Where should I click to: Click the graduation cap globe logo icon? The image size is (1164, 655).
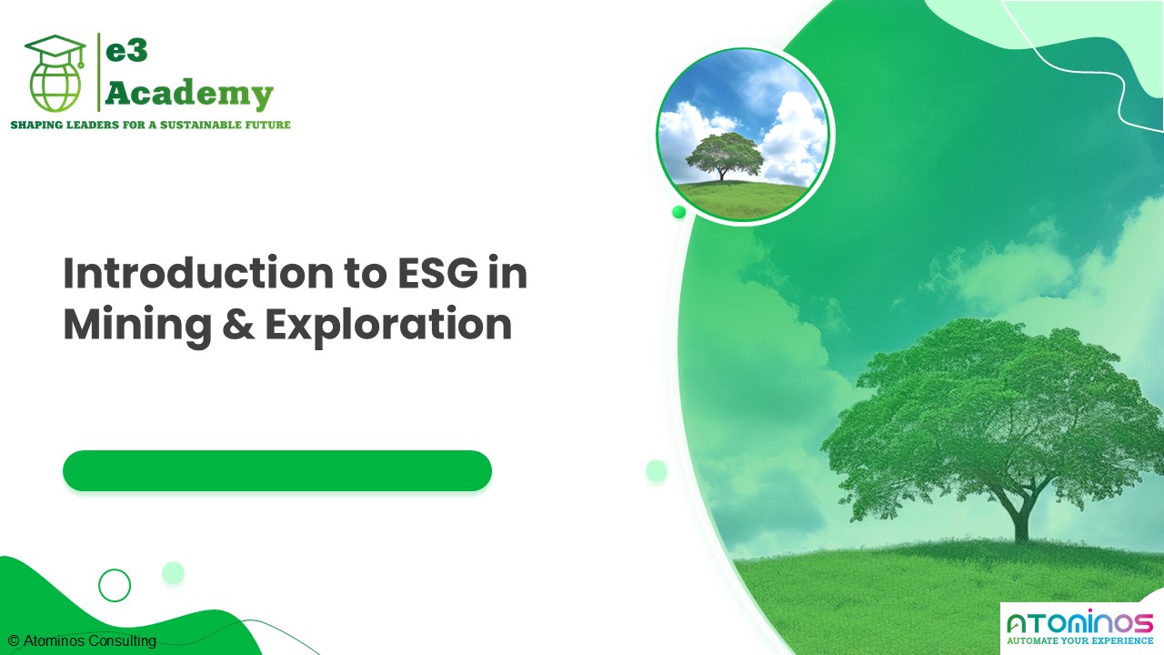(x=55, y=75)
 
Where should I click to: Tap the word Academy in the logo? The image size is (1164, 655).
(x=189, y=93)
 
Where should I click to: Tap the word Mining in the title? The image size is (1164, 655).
(x=127, y=326)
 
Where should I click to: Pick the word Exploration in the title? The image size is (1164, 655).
(x=388, y=326)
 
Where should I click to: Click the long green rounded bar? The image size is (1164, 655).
(x=277, y=470)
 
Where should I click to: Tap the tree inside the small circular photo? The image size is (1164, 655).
(x=724, y=155)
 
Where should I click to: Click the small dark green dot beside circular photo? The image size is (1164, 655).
(x=678, y=212)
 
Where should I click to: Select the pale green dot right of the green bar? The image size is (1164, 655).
(x=657, y=470)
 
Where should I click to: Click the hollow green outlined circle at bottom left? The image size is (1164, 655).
(x=115, y=585)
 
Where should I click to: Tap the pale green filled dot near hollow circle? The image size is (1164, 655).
(x=173, y=572)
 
